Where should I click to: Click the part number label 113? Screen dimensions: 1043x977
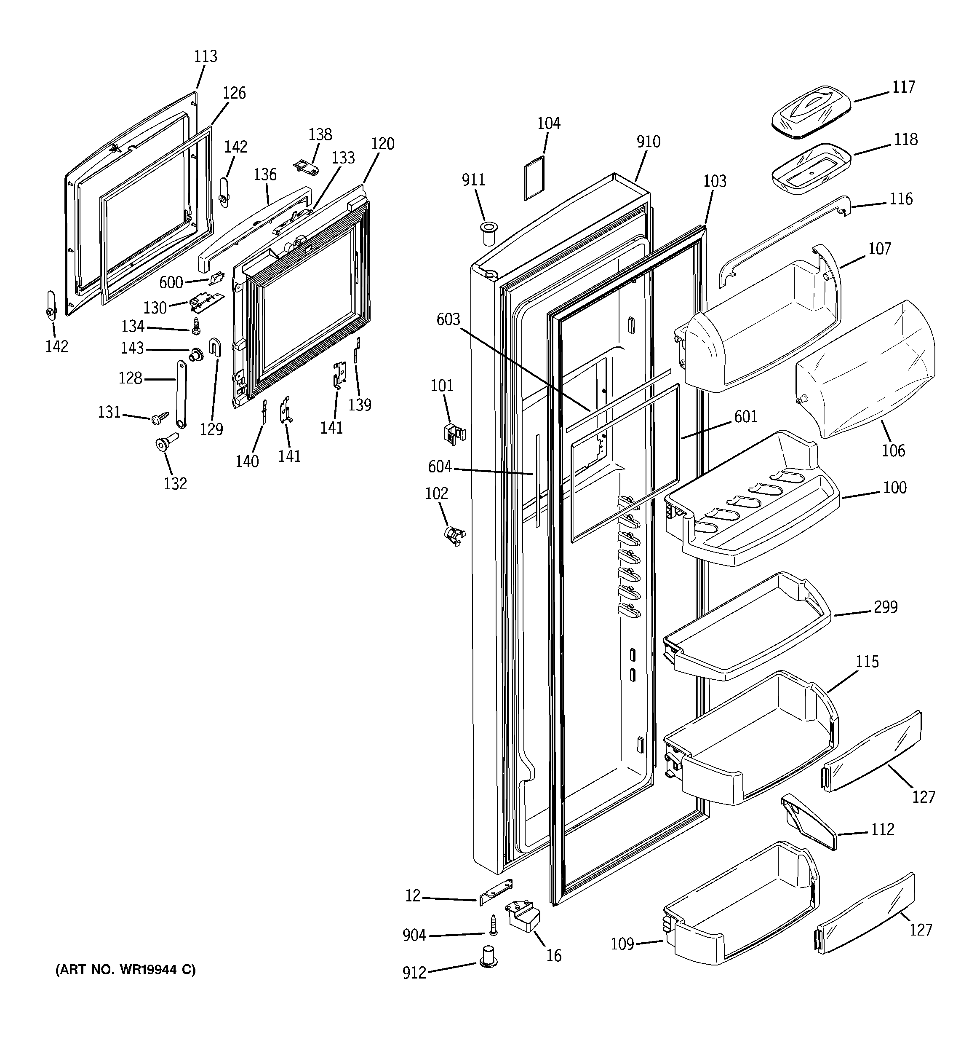click(206, 56)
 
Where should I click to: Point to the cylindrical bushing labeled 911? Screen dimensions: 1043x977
click(488, 232)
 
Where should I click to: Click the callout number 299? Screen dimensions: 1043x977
click(886, 607)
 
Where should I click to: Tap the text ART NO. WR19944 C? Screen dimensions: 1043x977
click(125, 970)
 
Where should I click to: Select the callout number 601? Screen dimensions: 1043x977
click(745, 417)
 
